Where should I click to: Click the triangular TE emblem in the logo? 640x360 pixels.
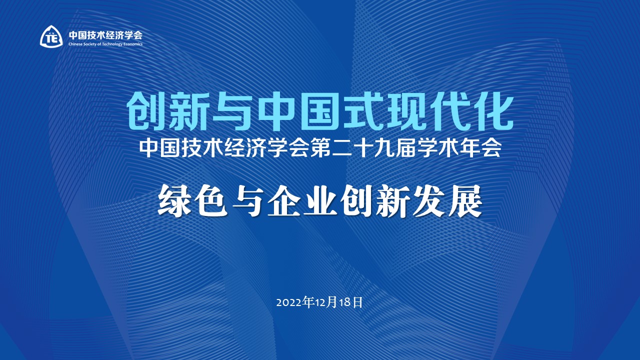pyautogui.click(x=51, y=36)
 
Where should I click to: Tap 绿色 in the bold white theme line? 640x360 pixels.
pyautogui.click(x=193, y=201)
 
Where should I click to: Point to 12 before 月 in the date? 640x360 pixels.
pyautogui.click(x=320, y=302)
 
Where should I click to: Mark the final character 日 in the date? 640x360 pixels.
pyautogui.click(x=357, y=302)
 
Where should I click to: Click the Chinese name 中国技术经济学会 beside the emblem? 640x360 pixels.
pyautogui.click(x=105, y=35)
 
